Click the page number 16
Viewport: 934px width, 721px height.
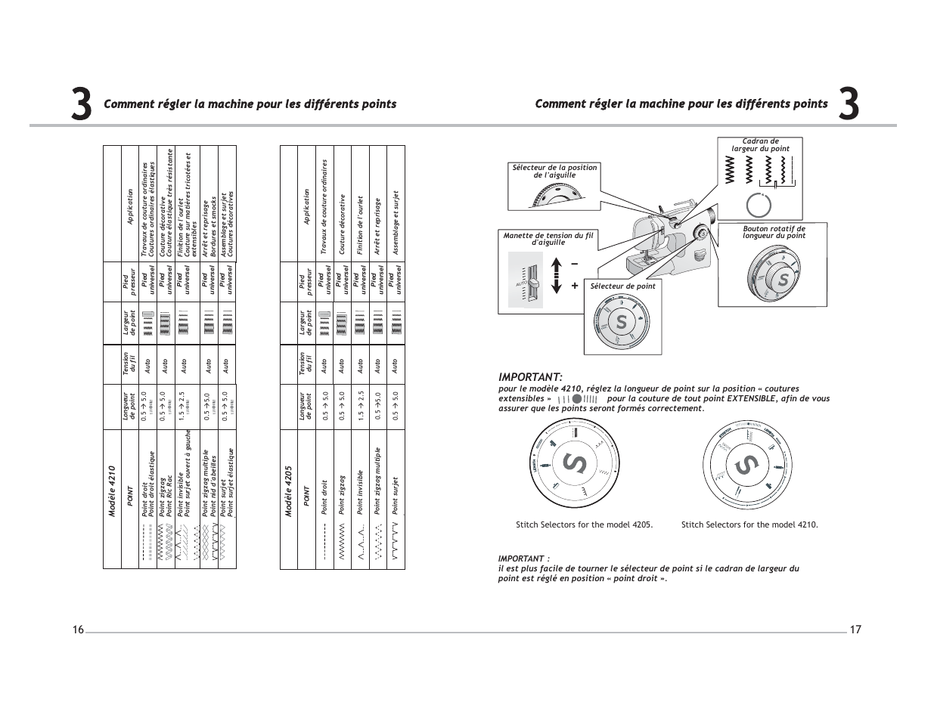tap(78, 630)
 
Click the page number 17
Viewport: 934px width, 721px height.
tap(855, 630)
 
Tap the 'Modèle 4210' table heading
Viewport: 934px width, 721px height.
tap(112, 491)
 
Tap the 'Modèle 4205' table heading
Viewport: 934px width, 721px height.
tap(288, 491)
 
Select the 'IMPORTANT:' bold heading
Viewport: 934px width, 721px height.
tap(530, 377)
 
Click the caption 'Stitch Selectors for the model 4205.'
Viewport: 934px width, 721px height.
tap(584, 525)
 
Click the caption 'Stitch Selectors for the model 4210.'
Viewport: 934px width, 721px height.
tap(749, 525)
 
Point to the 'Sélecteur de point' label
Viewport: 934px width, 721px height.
tap(622, 286)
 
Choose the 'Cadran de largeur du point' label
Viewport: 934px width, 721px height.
tap(760, 145)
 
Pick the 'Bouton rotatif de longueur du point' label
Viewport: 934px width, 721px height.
tap(774, 232)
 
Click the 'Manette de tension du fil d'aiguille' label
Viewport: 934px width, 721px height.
tap(548, 239)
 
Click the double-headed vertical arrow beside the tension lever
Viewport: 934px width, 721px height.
tap(557, 275)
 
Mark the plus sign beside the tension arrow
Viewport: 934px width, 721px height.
tap(575, 286)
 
